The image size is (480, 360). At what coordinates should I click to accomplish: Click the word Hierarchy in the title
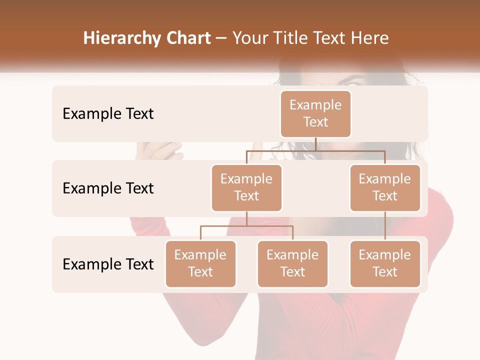122,38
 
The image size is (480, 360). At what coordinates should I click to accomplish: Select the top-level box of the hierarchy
315,113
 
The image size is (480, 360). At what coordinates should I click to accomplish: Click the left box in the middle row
246,187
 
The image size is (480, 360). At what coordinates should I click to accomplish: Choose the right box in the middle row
385,187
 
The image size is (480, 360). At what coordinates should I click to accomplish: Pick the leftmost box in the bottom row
200,263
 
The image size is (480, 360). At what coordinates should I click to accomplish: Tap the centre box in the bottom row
292,263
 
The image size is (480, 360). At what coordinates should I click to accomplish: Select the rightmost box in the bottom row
385,263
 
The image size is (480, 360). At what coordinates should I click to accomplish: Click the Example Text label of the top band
108,114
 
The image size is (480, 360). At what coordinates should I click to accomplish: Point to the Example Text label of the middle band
108,188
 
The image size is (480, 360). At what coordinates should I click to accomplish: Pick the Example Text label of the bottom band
108,264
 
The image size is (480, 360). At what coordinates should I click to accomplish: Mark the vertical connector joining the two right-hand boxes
385,226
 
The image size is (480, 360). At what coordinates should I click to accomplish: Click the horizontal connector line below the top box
315,150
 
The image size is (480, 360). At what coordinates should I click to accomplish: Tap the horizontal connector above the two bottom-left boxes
246,226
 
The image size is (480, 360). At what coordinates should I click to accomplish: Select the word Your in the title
250,38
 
